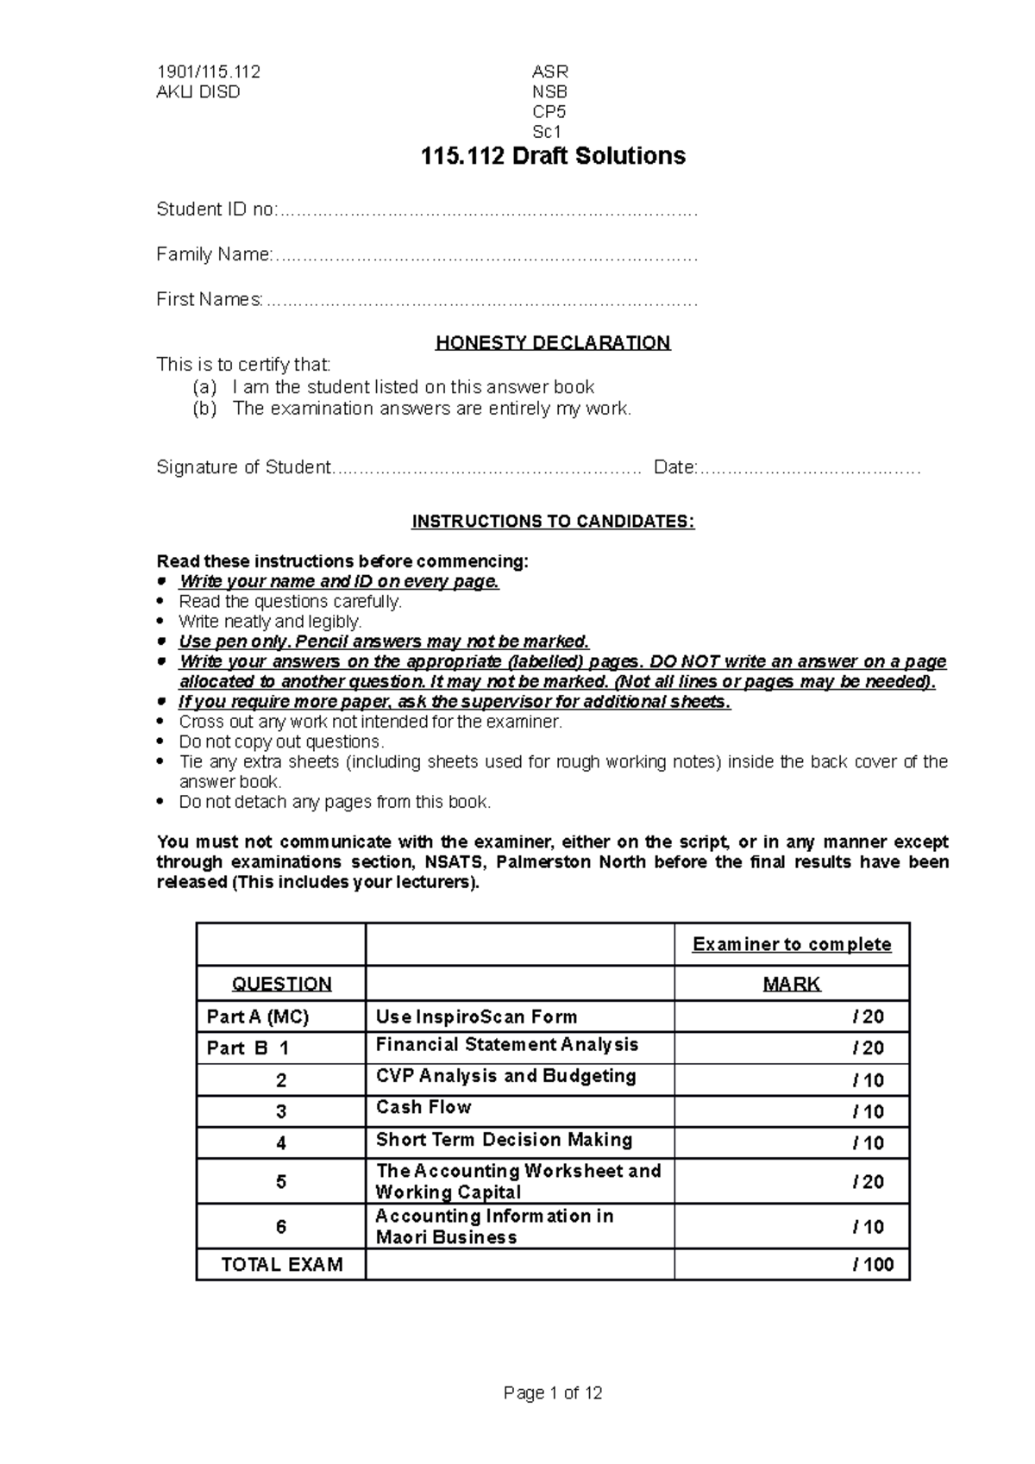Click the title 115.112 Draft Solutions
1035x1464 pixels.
point(552,156)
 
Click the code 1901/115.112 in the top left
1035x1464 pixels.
point(208,72)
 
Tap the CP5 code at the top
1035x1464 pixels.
point(549,112)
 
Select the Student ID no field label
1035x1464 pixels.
point(216,210)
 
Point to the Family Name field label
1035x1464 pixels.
point(215,254)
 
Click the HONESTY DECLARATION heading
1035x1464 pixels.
point(552,342)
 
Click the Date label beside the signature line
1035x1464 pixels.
point(674,467)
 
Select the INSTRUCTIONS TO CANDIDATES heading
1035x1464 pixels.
point(552,522)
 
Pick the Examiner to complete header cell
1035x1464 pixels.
point(791,944)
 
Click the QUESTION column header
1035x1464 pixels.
point(281,984)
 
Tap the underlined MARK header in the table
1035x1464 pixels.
point(791,984)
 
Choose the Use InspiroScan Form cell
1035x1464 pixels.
point(476,1017)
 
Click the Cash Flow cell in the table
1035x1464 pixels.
point(423,1107)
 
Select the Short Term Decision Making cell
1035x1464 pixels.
point(504,1140)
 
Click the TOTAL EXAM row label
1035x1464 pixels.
point(281,1265)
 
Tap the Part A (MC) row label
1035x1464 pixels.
point(257,1017)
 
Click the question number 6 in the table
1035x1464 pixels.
point(281,1226)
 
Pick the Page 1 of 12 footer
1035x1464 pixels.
point(552,1393)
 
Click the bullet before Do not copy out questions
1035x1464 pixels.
point(160,741)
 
